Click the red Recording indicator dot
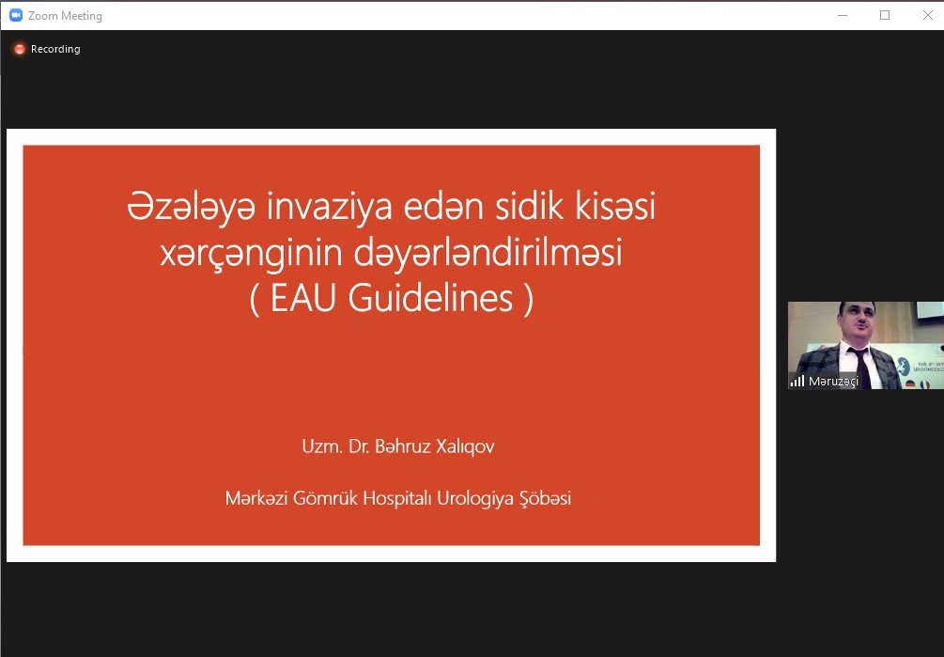coord(20,50)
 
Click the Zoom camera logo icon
coord(16,15)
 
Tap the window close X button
coord(928,15)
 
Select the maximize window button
coord(885,15)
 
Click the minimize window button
coord(843,16)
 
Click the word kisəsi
coord(615,206)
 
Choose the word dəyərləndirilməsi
coord(487,254)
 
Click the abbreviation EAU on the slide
coord(302,298)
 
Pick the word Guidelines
coord(430,298)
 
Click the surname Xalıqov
coord(465,446)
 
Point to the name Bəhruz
coord(403,446)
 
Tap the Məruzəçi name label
coord(833,382)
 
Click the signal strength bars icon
coord(797,382)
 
